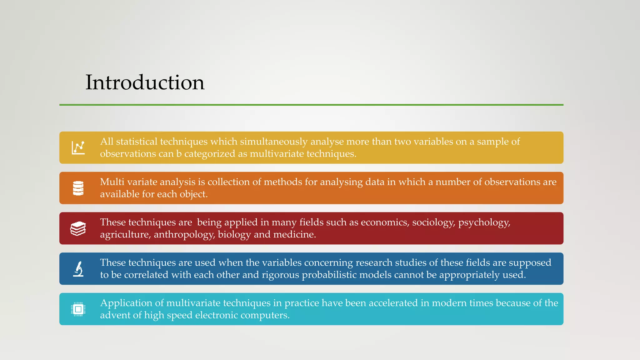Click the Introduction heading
point(145,82)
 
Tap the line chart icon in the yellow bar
point(78,148)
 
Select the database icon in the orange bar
point(78,188)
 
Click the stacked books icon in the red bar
point(78,228)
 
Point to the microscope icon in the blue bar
point(78,269)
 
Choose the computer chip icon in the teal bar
point(78,309)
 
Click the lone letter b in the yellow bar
point(179,154)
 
